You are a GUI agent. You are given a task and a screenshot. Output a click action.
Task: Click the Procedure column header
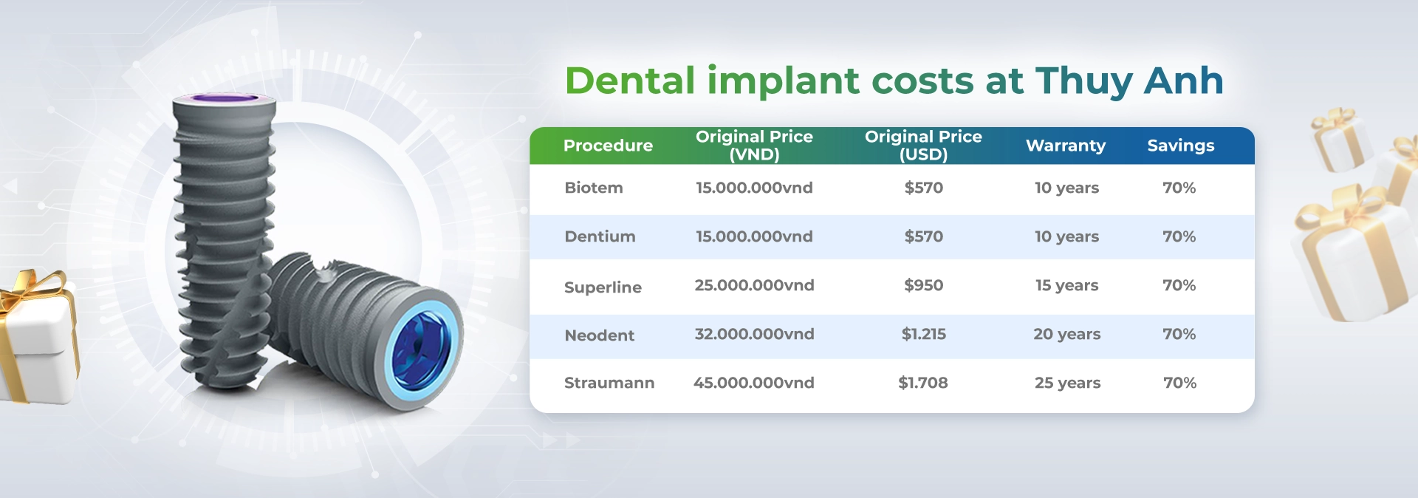[x=608, y=146]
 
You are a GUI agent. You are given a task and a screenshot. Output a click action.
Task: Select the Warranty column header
[x=1066, y=146]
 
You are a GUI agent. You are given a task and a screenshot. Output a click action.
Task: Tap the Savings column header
[x=1181, y=146]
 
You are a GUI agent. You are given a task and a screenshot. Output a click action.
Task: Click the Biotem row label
[x=594, y=188]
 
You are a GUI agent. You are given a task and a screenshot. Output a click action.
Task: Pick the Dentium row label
[x=600, y=236]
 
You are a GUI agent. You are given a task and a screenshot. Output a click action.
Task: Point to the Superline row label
[x=603, y=287]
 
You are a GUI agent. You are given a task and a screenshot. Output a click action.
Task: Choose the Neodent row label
[x=599, y=335]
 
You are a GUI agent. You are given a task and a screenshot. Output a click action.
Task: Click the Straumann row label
[x=609, y=383]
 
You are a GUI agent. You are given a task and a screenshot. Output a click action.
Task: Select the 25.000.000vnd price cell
[x=754, y=285]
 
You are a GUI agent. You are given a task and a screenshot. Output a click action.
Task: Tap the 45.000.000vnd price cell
[x=754, y=383]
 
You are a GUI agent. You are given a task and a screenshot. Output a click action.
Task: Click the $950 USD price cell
[x=924, y=285]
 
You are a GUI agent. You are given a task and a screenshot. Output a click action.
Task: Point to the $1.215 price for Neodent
[x=924, y=334]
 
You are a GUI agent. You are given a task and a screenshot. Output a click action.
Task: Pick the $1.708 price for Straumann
[x=923, y=383]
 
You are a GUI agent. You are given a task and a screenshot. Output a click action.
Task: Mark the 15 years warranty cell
[x=1066, y=286]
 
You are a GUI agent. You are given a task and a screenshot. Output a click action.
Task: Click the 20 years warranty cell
[x=1066, y=335]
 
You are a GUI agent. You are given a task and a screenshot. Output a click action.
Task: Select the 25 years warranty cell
[x=1067, y=383]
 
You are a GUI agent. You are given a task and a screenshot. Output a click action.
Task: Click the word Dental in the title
[x=630, y=81]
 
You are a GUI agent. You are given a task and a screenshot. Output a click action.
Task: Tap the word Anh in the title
[x=1184, y=81]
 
